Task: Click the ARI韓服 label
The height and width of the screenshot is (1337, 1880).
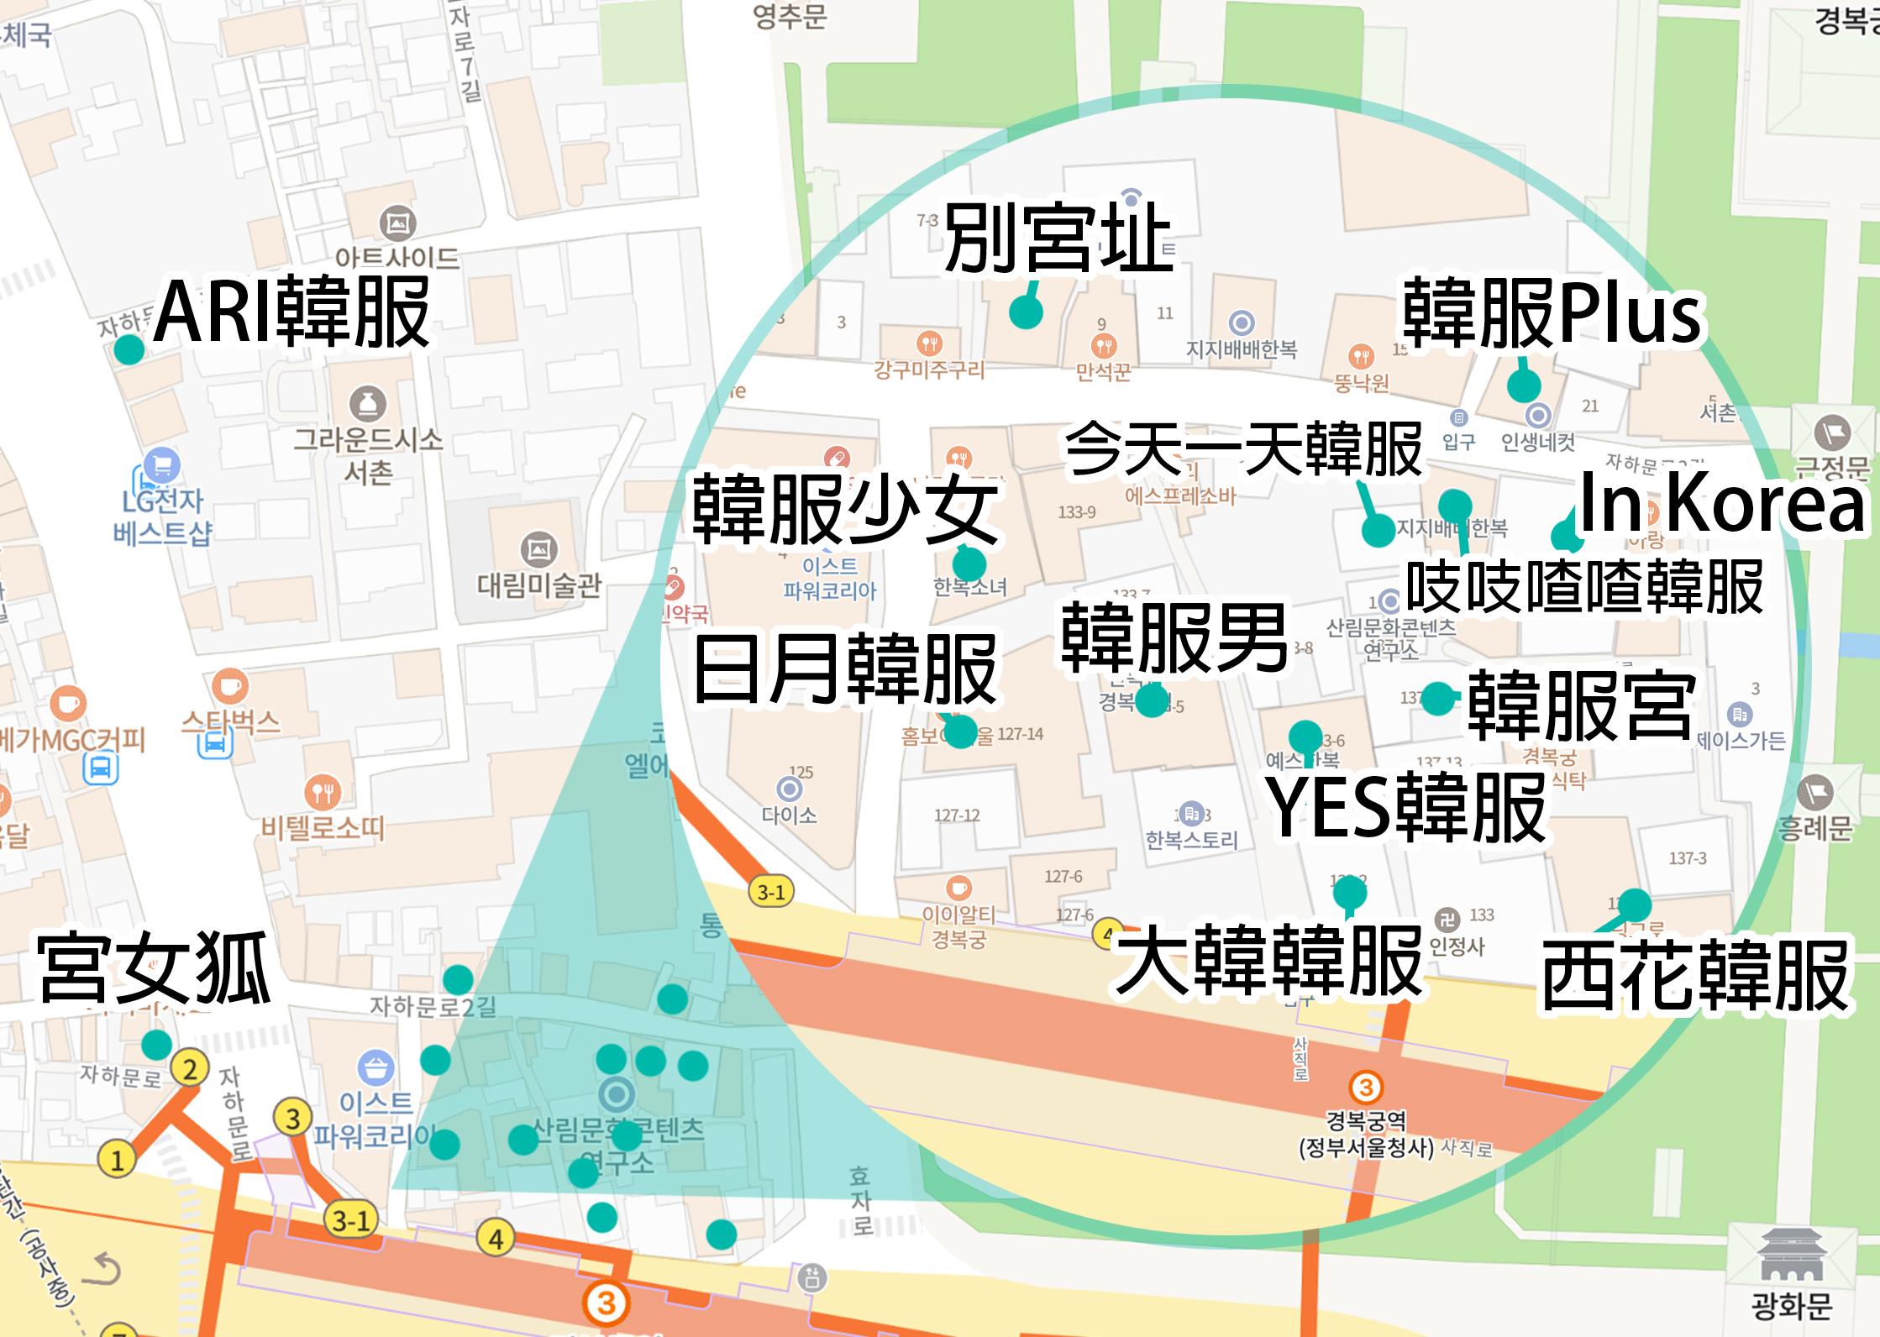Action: click(291, 312)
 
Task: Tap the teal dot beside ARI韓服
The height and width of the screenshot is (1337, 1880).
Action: click(129, 349)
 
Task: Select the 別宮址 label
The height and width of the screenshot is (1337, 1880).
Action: click(1058, 240)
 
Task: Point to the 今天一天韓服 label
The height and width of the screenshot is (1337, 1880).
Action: click(1243, 449)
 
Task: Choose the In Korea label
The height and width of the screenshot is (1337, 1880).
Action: click(1721, 503)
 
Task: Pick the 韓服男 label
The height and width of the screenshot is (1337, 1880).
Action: click(1174, 638)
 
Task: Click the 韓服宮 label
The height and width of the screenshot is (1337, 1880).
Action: click(1579, 705)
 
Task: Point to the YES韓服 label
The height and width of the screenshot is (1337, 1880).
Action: click(1406, 808)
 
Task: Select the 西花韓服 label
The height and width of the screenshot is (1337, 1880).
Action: click(1695, 975)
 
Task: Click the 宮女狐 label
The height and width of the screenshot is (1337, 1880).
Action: click(155, 969)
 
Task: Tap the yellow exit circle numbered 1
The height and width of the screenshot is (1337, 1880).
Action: click(117, 1160)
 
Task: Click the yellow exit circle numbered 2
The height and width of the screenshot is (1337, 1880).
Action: click(190, 1069)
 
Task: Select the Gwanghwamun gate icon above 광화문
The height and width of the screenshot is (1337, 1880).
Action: click(1790, 1256)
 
